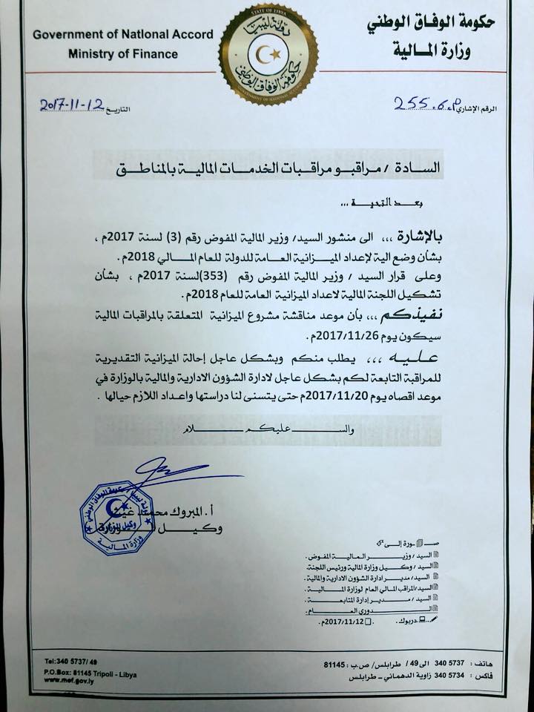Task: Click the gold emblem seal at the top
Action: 268,53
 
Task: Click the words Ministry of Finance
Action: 123,53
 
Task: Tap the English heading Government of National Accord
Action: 123,34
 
